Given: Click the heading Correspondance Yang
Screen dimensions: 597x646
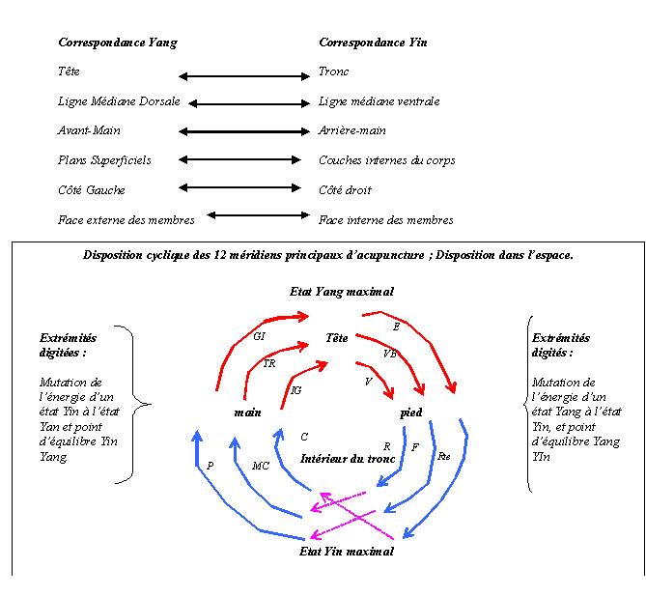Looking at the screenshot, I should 118,43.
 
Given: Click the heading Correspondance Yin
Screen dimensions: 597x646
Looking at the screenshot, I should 373,43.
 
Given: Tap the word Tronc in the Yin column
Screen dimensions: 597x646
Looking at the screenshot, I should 334,71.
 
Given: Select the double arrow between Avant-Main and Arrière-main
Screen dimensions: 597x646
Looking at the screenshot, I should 244,130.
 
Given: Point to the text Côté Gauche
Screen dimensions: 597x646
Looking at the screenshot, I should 92,190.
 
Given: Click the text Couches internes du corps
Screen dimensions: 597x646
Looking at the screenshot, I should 386,160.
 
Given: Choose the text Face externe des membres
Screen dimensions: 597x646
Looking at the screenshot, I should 126,220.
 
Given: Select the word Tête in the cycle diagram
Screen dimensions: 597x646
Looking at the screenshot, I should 337,339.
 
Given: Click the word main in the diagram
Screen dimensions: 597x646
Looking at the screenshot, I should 248,412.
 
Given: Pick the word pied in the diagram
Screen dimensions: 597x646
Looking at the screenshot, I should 411,412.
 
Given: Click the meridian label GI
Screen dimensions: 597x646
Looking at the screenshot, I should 259,337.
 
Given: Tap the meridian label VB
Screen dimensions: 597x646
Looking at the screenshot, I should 390,354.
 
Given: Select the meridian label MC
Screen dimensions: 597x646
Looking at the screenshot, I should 261,466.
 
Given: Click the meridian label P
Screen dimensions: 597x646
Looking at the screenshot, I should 210,466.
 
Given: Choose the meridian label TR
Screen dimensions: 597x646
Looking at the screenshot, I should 269,364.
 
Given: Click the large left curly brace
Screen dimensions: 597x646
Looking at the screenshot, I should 137,404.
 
